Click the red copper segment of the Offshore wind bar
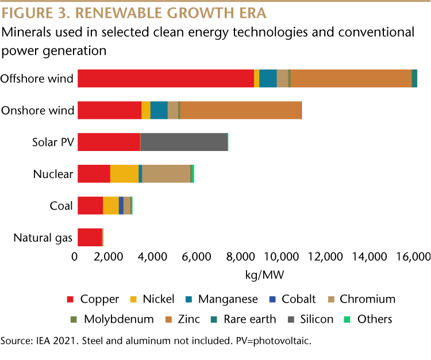click(166, 78)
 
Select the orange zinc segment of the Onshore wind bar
click(240, 110)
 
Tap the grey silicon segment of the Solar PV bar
click(184, 142)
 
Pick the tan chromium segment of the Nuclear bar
click(166, 173)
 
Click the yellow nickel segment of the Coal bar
click(111, 205)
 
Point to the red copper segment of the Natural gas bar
click(90, 237)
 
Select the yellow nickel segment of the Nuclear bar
click(124, 173)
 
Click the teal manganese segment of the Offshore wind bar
click(268, 78)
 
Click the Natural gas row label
click(43, 237)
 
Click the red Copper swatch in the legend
click(71, 299)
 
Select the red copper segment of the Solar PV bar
click(109, 142)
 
